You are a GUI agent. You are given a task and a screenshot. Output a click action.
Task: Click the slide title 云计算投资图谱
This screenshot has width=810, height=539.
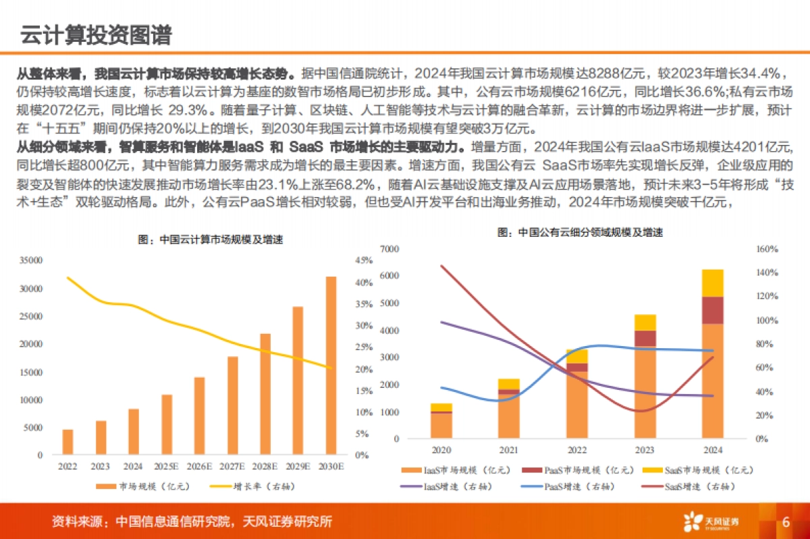(95, 34)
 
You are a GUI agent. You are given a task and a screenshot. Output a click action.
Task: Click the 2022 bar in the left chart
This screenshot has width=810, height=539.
(67, 442)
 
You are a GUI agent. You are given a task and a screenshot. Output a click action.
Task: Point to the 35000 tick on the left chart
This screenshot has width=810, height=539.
(32, 260)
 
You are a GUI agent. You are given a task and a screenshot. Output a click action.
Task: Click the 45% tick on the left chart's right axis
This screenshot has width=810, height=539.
(363, 260)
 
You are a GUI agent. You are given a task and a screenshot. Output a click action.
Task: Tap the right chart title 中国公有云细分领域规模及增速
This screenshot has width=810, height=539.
(580, 232)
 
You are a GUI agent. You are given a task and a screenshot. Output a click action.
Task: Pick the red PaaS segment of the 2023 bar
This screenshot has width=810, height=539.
(645, 338)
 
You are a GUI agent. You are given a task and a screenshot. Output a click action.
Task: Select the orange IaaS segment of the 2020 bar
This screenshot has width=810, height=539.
(441, 425)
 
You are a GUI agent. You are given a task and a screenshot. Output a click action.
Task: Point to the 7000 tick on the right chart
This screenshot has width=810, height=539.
(390, 249)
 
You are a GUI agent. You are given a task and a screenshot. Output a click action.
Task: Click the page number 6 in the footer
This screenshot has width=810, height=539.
(786, 522)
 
